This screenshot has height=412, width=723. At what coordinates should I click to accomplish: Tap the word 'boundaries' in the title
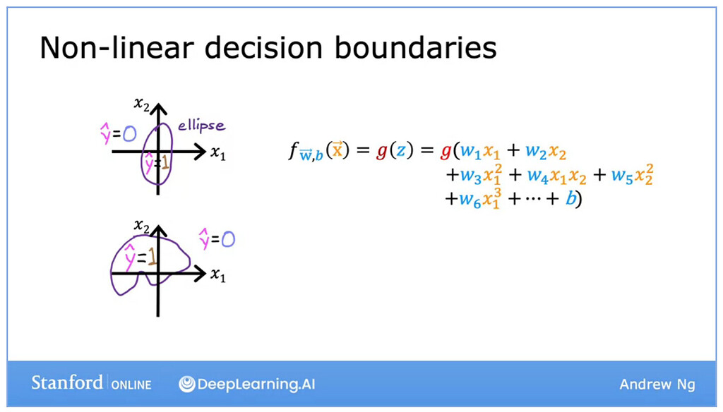pos(415,47)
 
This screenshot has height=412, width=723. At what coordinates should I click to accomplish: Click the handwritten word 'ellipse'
pos(201,126)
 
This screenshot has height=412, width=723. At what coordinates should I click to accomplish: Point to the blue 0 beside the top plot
pos(130,133)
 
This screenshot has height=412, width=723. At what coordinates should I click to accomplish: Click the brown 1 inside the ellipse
pos(165,162)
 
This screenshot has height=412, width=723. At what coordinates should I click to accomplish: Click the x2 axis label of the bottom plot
pos(141,226)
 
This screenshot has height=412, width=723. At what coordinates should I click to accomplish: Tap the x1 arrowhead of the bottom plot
pos(201,274)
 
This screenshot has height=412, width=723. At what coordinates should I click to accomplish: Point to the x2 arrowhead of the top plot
pos(158,109)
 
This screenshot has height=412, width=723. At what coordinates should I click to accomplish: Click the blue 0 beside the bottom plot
pos(228,239)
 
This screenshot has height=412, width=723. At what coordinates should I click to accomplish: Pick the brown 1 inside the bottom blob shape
pos(152,257)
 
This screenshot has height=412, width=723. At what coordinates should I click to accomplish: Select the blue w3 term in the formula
pos(470,176)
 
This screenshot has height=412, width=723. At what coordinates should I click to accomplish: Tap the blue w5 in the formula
pos(621,176)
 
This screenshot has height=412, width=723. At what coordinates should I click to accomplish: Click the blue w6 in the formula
pos(470,199)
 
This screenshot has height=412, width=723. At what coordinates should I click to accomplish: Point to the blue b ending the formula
pos(570,198)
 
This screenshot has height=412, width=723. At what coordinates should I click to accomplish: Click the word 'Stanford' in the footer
pos(67,382)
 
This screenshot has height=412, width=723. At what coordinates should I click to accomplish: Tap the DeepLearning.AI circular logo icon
pos(186,384)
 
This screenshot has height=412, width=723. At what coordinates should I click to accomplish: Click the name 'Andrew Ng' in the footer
pos(657,384)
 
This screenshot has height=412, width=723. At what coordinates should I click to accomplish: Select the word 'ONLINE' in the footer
pos(131,384)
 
